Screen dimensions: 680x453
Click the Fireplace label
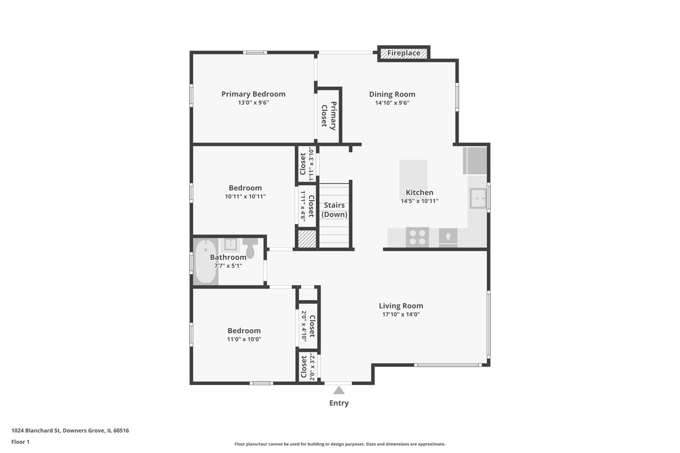[x=403, y=53]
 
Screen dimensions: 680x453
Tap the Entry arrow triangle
[x=339, y=390]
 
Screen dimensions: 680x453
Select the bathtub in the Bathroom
[x=206, y=262]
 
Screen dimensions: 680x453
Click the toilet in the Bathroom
[x=250, y=248]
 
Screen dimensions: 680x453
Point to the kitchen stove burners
[x=417, y=237]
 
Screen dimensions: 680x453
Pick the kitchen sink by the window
[x=478, y=198]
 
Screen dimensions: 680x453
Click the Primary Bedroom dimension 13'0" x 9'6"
[x=254, y=103]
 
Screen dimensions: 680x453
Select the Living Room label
[x=401, y=306]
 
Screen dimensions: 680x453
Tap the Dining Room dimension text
[x=392, y=103]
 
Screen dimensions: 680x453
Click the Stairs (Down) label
[x=334, y=210]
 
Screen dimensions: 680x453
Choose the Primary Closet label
[x=329, y=116]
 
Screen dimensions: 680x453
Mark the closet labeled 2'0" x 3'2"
[x=308, y=367]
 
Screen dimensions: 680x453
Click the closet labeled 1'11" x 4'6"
[x=307, y=206]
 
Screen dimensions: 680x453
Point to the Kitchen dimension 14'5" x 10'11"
[x=419, y=201]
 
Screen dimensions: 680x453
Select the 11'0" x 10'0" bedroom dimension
[x=244, y=339]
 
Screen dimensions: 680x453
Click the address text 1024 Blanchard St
[x=36, y=430]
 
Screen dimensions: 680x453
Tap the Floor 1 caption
[x=20, y=442]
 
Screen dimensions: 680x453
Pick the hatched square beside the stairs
[x=307, y=239]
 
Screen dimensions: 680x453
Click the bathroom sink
[x=230, y=245]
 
